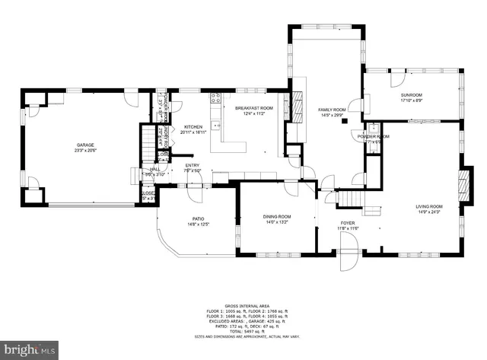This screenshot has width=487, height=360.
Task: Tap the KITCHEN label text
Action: pos(193,127)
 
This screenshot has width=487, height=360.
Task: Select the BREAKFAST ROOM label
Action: pos(249,109)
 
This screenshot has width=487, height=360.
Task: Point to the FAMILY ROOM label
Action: pos(332,110)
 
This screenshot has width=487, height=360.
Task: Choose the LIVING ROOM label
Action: pos(428,206)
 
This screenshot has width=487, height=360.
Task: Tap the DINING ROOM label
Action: pos(278,217)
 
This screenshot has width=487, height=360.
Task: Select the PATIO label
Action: pos(198,219)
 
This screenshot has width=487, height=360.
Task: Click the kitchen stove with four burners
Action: pos(216,98)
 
